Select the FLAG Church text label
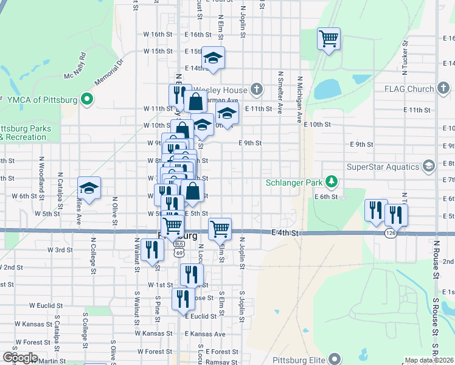coord(409,89)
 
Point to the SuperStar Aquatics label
coord(383,167)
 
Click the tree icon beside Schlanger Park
coord(332,182)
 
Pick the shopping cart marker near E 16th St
coord(328,40)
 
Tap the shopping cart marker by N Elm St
coord(220,230)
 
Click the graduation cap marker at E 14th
coord(213,58)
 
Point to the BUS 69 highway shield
coord(178,244)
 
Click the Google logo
coord(19,358)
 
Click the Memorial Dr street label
coord(108,72)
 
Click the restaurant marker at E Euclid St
coord(182,299)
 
